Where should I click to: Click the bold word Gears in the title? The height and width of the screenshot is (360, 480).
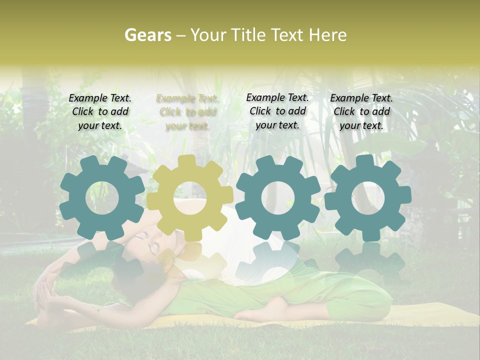coord(148,35)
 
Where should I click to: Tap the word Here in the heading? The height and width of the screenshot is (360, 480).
coord(327,35)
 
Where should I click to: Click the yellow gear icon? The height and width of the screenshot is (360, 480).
coord(189,198)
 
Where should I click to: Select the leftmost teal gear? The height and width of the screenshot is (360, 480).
coord(102,198)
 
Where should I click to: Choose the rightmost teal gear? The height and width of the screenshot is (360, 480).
coord(368,198)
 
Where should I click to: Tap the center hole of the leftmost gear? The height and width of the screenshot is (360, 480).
coord(102,199)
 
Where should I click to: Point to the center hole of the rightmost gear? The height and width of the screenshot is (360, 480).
coord(368,199)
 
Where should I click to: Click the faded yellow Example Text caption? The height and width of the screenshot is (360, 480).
coord(187,112)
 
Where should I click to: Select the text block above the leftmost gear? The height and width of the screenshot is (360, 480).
coord(100,112)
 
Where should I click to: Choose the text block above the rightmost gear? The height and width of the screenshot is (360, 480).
coord(361,112)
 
